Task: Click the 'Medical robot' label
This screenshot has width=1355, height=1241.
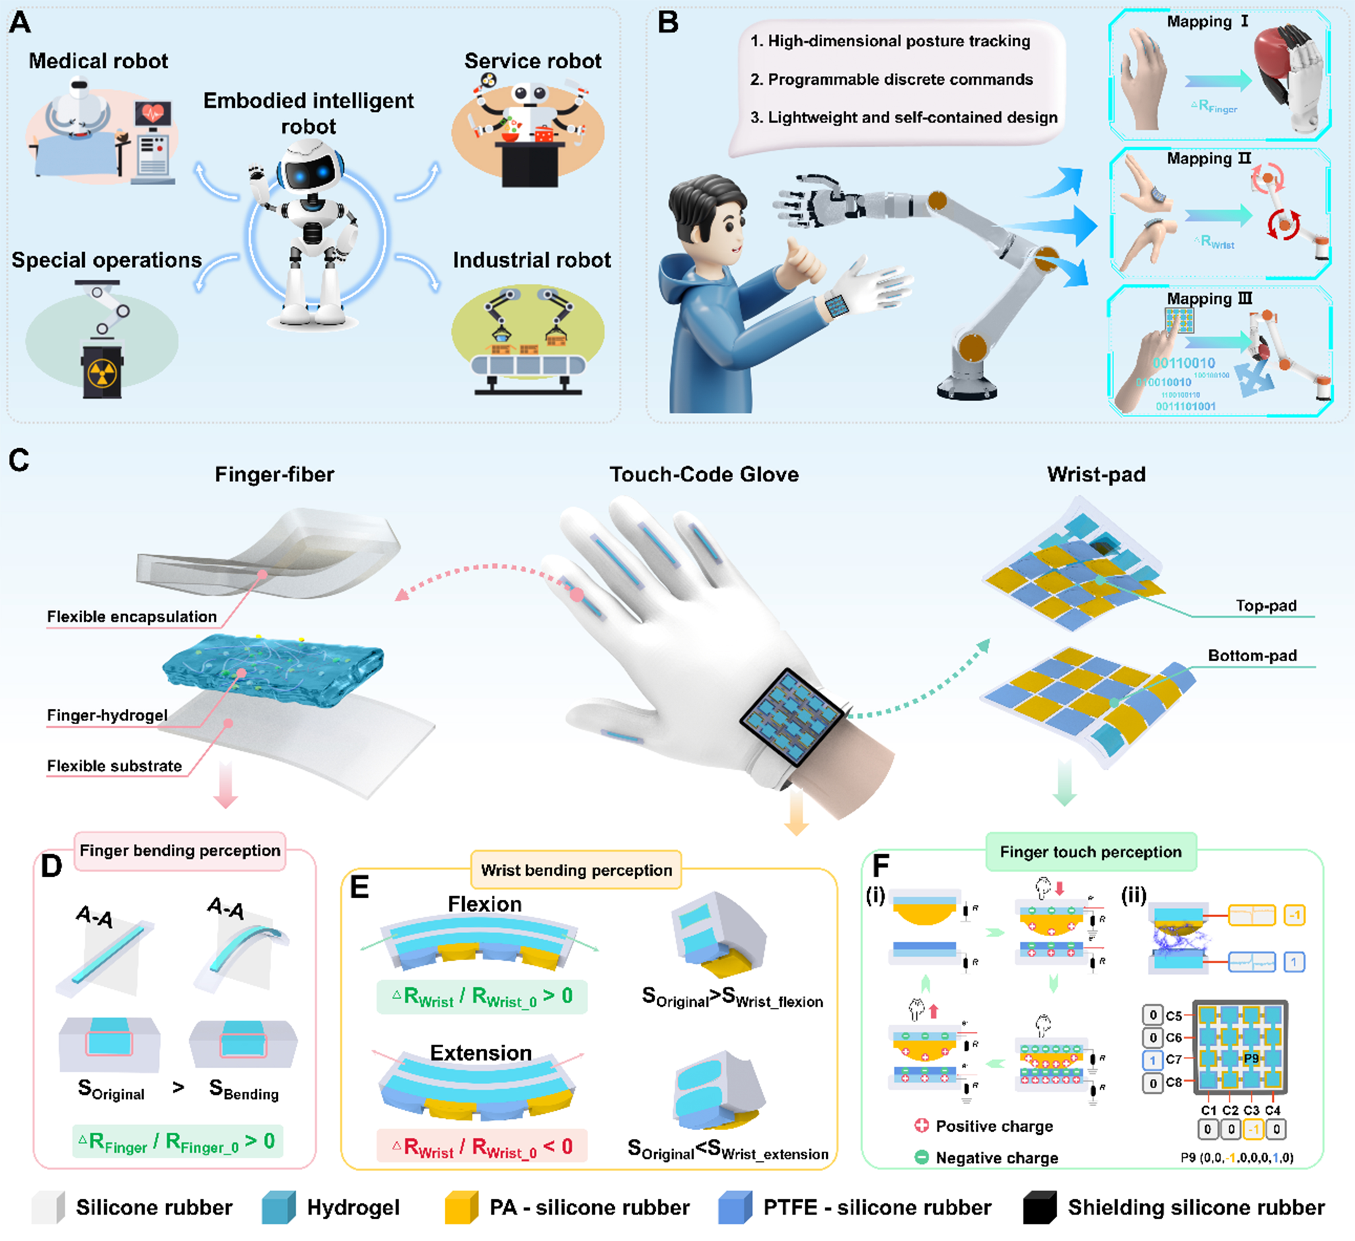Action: pyautogui.click(x=98, y=61)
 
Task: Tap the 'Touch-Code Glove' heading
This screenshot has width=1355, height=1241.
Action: pyautogui.click(x=704, y=474)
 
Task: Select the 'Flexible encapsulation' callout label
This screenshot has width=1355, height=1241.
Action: pyautogui.click(x=132, y=617)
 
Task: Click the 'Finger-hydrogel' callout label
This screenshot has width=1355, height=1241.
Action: pyautogui.click(x=107, y=715)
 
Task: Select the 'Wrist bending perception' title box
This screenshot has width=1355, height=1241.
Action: pyautogui.click(x=576, y=870)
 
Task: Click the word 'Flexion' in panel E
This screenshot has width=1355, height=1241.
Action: pyautogui.click(x=484, y=904)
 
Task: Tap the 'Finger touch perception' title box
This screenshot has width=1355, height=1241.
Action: pyautogui.click(x=1090, y=852)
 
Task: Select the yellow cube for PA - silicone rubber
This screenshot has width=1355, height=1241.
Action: pyautogui.click(x=461, y=1207)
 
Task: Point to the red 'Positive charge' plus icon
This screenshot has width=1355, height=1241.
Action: pyautogui.click(x=922, y=1125)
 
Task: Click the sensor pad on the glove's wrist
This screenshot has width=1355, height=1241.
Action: pyautogui.click(x=792, y=717)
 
